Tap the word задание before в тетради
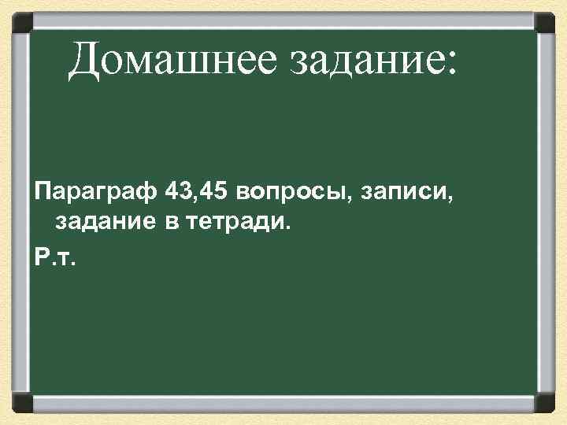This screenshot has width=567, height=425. [106, 225]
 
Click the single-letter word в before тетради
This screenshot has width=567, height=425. [172, 225]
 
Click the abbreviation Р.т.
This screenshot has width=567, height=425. [55, 258]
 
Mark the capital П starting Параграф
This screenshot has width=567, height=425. [45, 192]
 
